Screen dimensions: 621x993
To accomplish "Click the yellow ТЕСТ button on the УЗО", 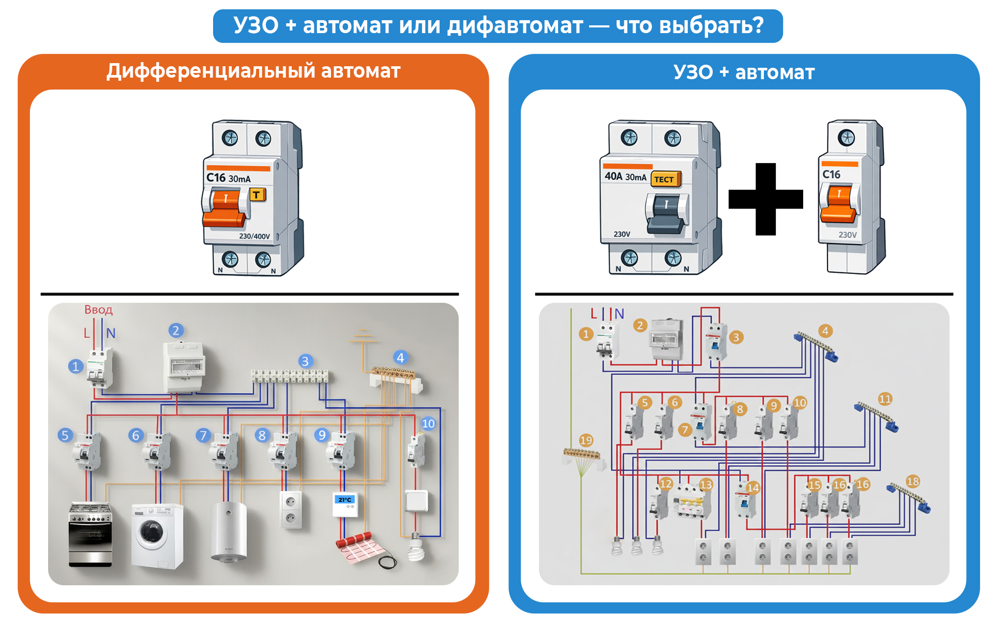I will [x=665, y=179].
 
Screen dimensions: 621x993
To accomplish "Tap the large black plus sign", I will [x=765, y=199].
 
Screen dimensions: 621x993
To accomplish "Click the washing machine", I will [x=157, y=536].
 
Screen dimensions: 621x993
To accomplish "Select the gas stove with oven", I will [x=91, y=534].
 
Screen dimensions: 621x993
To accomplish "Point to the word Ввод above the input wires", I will [x=98, y=309].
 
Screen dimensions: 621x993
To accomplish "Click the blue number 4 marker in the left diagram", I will [x=400, y=358].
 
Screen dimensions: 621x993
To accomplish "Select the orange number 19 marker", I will [x=586, y=440].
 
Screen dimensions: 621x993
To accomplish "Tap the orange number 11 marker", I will [x=885, y=399].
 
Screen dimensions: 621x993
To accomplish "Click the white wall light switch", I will [x=416, y=500].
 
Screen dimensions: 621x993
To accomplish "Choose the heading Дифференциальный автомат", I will [x=253, y=71].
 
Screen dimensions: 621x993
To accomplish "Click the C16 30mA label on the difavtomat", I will [x=228, y=178].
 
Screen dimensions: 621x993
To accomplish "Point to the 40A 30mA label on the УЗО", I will [x=625, y=176].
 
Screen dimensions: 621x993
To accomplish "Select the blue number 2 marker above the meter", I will [x=176, y=331].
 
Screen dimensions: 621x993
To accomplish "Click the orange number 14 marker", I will [x=753, y=487].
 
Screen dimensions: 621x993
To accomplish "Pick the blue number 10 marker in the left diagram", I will [x=428, y=424].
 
